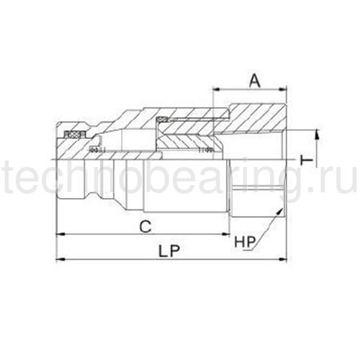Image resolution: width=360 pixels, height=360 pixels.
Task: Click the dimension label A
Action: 255,81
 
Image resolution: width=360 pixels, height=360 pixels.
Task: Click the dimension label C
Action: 145,227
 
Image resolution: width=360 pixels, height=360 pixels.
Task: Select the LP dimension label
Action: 169,251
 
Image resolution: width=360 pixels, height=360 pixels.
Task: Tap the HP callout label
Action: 244,242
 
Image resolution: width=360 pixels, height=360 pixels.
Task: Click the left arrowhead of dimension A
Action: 217,89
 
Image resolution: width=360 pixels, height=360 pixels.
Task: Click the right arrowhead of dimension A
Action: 283,89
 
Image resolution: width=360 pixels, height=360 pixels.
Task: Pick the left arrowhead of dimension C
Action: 59,234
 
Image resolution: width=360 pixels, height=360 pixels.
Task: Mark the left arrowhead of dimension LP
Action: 59,259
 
